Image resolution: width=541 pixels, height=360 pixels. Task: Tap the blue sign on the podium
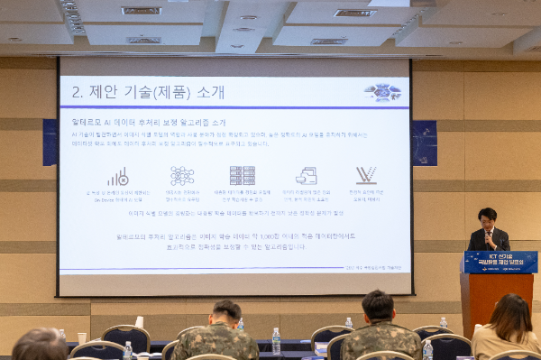click(x=500, y=262)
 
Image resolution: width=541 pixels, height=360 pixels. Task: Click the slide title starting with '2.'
click(x=148, y=91)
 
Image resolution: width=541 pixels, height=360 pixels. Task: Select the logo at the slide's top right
click(x=382, y=91)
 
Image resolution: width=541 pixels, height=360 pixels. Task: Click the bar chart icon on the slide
click(x=118, y=176)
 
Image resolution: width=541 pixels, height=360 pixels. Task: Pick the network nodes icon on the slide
click(x=182, y=175)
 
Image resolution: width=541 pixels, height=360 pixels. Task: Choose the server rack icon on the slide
click(x=242, y=175)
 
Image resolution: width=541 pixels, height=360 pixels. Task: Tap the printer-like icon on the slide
click(x=307, y=175)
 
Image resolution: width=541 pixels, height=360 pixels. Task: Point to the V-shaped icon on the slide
click(x=366, y=175)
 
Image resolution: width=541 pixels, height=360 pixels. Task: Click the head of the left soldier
click(x=225, y=313)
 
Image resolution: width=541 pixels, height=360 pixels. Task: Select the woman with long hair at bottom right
click(x=509, y=325)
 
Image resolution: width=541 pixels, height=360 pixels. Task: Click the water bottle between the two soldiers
click(x=276, y=340)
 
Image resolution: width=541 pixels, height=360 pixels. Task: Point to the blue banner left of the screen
click(x=50, y=143)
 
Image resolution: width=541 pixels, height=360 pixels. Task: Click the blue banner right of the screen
click(x=424, y=143)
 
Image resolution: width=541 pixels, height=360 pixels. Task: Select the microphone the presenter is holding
click(x=488, y=236)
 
